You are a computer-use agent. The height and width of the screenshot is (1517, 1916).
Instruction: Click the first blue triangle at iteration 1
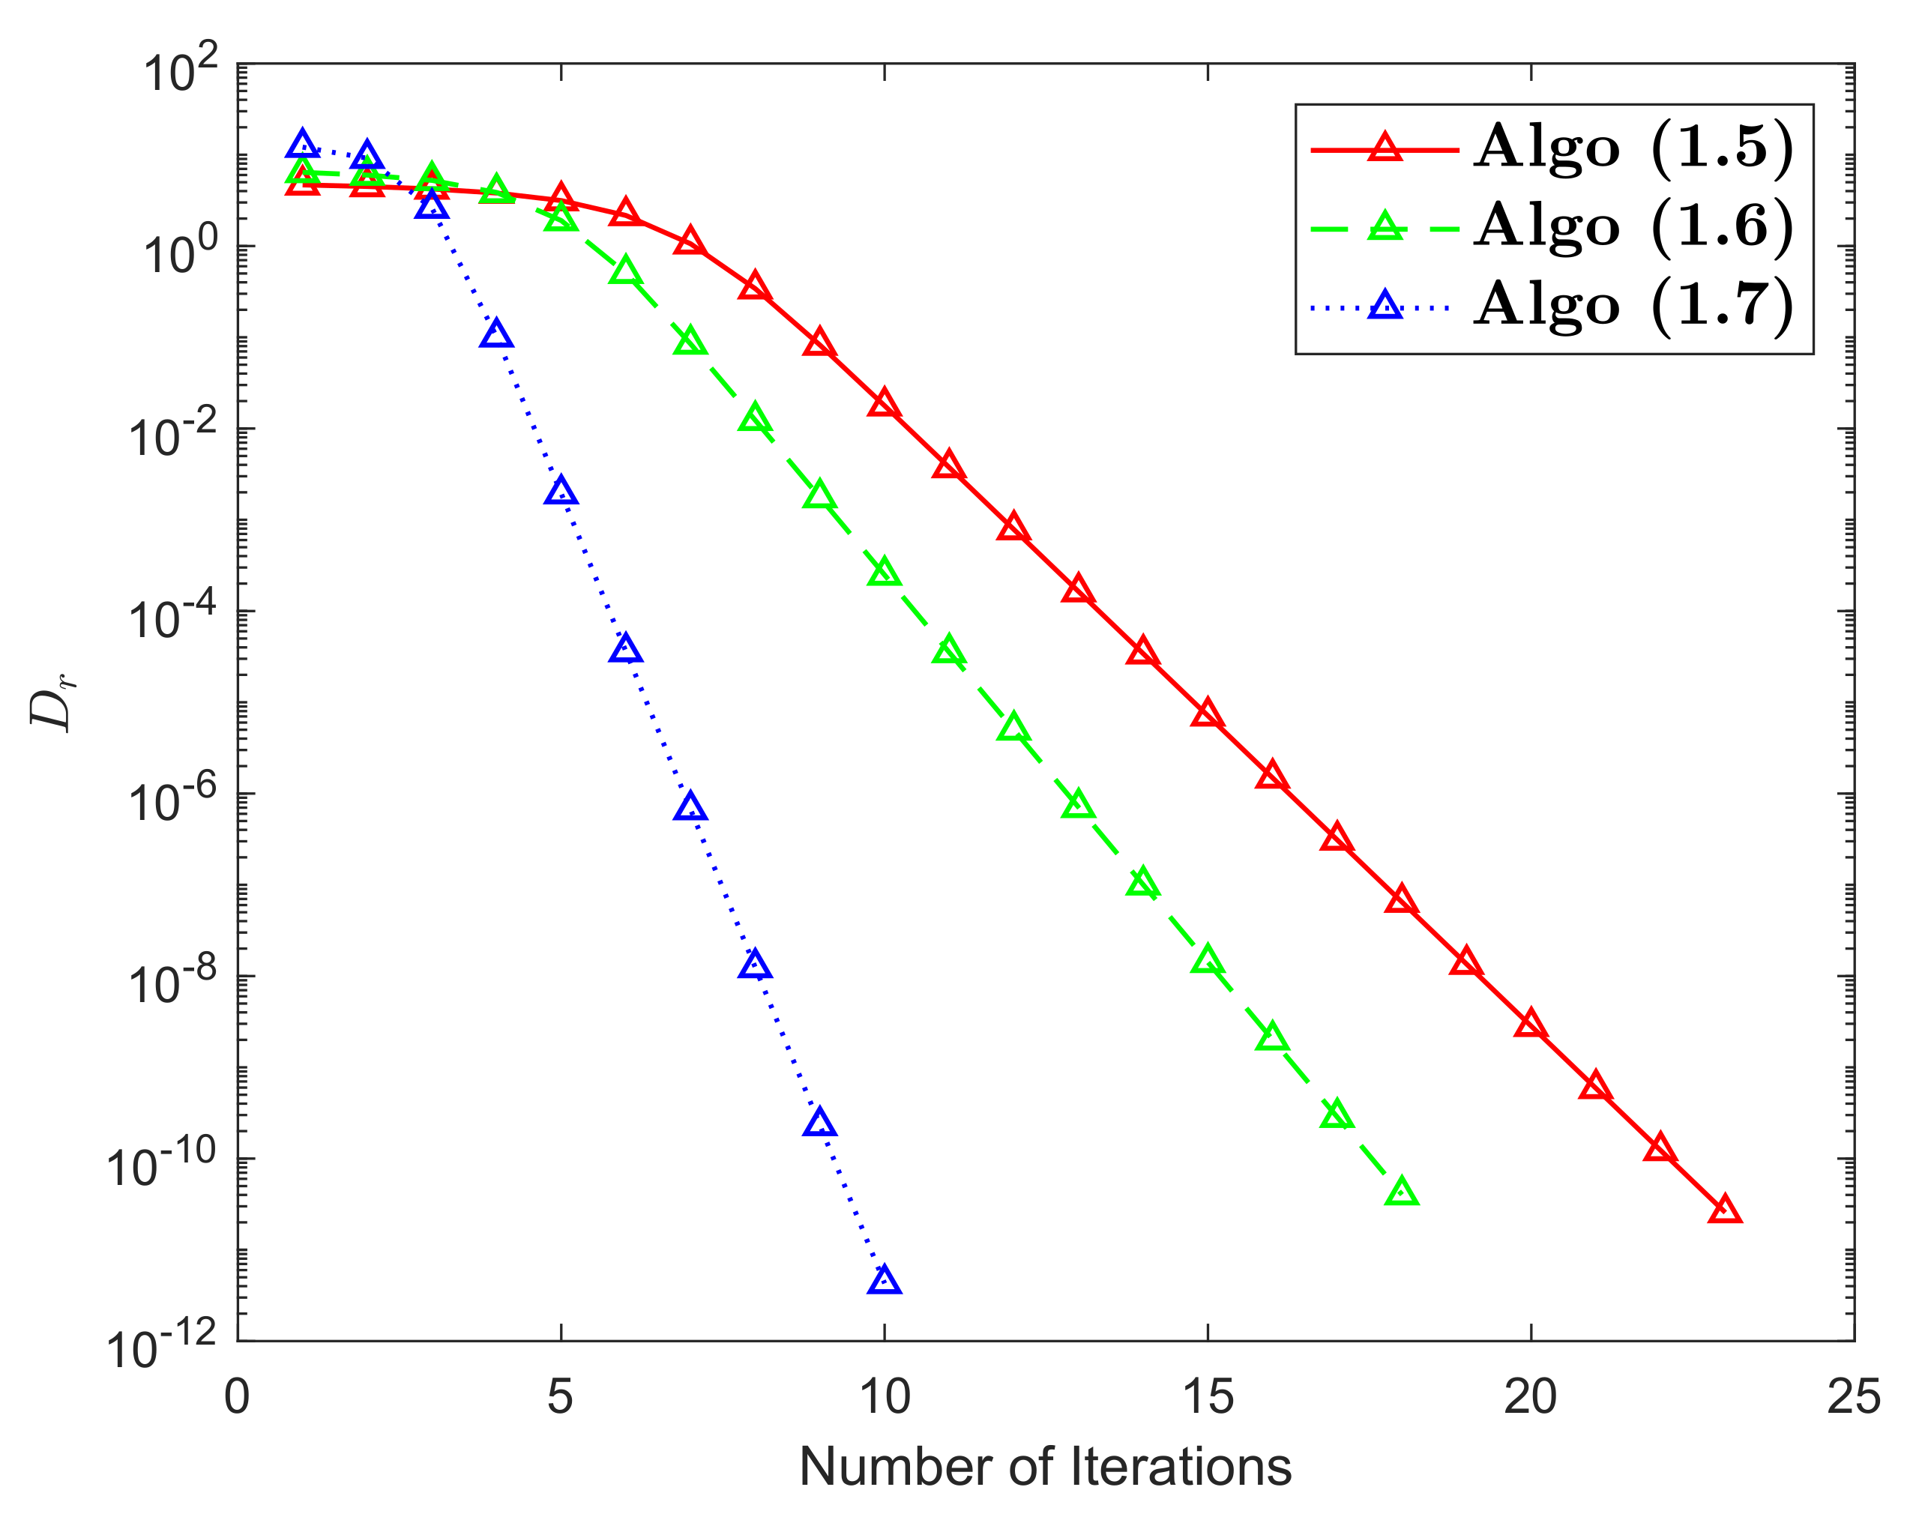click(302, 145)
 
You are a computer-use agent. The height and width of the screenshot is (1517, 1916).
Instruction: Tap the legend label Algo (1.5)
click(1633, 148)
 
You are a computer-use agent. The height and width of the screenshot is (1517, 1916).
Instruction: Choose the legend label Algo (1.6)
click(1633, 226)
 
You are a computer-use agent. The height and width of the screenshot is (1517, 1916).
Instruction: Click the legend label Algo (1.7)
click(1633, 306)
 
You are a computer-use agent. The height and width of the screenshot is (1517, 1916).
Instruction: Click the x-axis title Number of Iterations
click(1045, 1468)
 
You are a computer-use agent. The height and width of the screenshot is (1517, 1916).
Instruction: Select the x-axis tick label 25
click(1853, 1397)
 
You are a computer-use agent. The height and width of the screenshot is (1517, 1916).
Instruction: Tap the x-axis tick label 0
click(236, 1397)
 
